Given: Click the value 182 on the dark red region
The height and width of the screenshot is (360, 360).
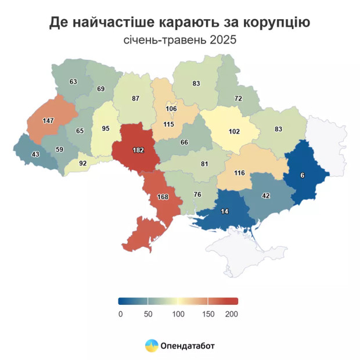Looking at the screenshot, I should (x=138, y=150).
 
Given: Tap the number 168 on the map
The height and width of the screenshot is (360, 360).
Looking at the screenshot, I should (x=163, y=197).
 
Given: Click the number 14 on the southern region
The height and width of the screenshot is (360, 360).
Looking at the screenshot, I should (x=225, y=212).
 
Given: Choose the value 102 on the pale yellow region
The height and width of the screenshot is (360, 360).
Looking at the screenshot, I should (x=233, y=132).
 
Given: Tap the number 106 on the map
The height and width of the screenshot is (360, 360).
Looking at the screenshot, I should (x=171, y=109).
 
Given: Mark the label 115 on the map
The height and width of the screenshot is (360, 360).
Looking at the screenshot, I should (x=169, y=124).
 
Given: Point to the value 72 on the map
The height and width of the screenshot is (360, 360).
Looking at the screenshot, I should (x=238, y=99).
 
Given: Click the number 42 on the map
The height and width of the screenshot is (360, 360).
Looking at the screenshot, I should (x=266, y=196).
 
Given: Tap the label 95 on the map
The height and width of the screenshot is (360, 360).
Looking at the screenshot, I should (x=105, y=128).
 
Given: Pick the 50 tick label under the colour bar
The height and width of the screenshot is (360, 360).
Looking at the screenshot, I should (x=148, y=314).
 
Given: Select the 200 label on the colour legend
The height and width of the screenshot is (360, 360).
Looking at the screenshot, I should (x=232, y=314).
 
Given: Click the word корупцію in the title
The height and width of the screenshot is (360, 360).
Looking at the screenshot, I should (x=272, y=22).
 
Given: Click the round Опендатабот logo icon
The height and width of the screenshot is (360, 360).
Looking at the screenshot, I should (x=152, y=346).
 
